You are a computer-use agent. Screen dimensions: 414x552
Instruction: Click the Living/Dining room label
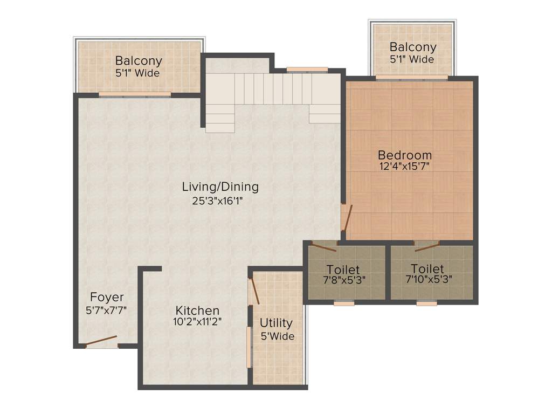[x=220, y=187]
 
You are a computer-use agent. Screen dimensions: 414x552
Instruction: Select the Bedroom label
[x=404, y=155]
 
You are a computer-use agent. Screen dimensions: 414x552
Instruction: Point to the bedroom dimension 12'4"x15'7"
[x=404, y=167]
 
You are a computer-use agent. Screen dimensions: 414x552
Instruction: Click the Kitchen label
[x=198, y=310]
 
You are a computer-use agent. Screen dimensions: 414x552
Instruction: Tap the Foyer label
[x=107, y=297]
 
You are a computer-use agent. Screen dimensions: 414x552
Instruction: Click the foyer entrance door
[x=101, y=341]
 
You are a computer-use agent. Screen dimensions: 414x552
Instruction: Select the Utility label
[x=276, y=323]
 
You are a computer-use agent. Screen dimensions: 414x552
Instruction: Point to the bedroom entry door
[x=347, y=218]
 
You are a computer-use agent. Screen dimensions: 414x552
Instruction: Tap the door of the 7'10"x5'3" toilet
[x=426, y=247]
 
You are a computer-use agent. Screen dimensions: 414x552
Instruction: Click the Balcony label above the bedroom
[x=413, y=47]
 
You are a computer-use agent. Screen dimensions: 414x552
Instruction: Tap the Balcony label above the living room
[x=138, y=61]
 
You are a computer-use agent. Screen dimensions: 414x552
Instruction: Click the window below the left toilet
[x=344, y=303]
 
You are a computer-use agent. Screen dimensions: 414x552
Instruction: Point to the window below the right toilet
[x=427, y=303]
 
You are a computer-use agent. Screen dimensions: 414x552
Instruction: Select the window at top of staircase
[x=307, y=69]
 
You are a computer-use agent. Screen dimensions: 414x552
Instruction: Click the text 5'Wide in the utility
[x=277, y=336]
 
